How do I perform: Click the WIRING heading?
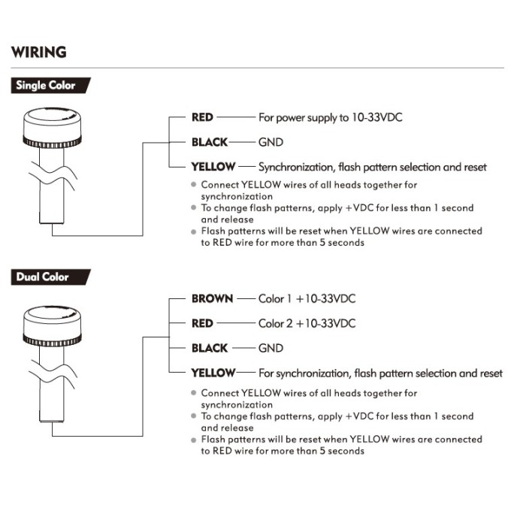click(38, 53)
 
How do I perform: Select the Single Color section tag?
click(46, 86)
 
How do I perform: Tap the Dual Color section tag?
click(42, 277)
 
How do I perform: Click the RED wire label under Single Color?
click(203, 117)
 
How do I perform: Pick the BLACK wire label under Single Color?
click(209, 142)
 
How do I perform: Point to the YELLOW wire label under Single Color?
click(213, 167)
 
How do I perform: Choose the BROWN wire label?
click(213, 298)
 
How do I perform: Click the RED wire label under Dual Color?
click(203, 323)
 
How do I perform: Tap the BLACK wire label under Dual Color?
click(209, 348)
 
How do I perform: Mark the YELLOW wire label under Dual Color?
click(213, 373)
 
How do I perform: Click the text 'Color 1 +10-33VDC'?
click(307, 298)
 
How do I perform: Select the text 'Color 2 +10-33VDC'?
click(307, 323)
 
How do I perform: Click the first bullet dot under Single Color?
click(194, 185)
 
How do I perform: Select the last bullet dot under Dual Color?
click(194, 440)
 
